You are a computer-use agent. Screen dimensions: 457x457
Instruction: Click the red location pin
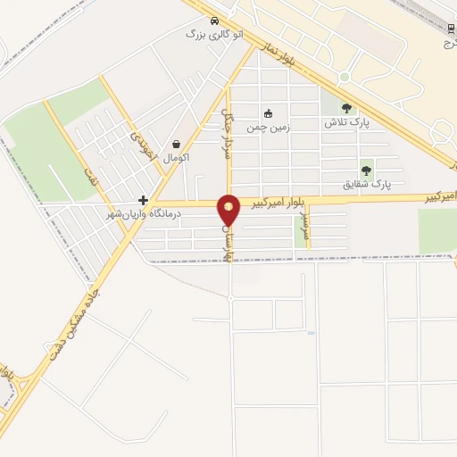pyautogui.click(x=229, y=210)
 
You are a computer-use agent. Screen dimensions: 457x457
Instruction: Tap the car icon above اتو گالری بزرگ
pyautogui.click(x=215, y=20)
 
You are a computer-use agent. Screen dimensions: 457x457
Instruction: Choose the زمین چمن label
pyautogui.click(x=269, y=127)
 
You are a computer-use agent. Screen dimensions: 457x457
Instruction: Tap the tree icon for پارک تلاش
pyautogui.click(x=346, y=108)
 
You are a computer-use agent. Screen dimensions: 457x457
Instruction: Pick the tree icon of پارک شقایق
pyautogui.click(x=366, y=170)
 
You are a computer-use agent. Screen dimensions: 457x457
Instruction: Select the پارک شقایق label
pyautogui.click(x=367, y=184)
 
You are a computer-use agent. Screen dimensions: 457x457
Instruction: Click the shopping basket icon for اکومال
pyautogui.click(x=176, y=144)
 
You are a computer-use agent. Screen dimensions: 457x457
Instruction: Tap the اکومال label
pyautogui.click(x=176, y=157)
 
